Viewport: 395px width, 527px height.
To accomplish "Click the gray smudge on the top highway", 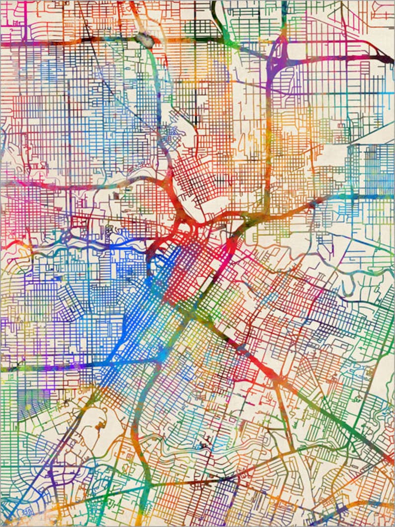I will [144, 38].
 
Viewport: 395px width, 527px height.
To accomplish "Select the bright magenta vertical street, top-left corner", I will [24, 20].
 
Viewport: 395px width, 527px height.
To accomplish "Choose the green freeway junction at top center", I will [224, 37].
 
